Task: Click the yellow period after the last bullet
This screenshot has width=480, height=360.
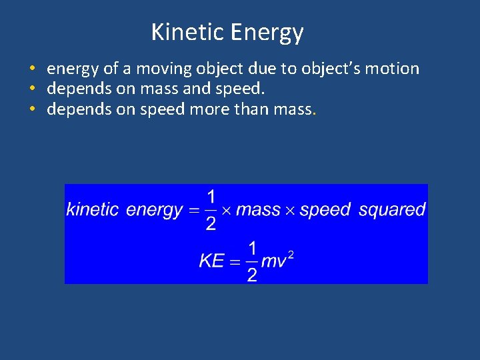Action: point(314,111)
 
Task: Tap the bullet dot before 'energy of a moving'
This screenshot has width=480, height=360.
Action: point(32,69)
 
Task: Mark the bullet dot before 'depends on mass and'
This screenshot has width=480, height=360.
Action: point(32,89)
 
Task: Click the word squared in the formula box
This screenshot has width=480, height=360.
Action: point(392,210)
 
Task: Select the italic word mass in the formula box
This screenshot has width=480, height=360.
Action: point(258,210)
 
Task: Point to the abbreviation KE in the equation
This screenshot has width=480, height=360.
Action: point(211,261)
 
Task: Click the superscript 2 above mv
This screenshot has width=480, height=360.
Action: point(291,253)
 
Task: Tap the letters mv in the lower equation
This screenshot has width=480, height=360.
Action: point(273,261)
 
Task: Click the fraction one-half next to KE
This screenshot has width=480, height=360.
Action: point(252,261)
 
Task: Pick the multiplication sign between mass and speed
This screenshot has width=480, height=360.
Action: point(290,211)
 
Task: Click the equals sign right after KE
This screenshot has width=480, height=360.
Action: point(234,261)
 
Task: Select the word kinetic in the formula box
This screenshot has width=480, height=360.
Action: point(93,209)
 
